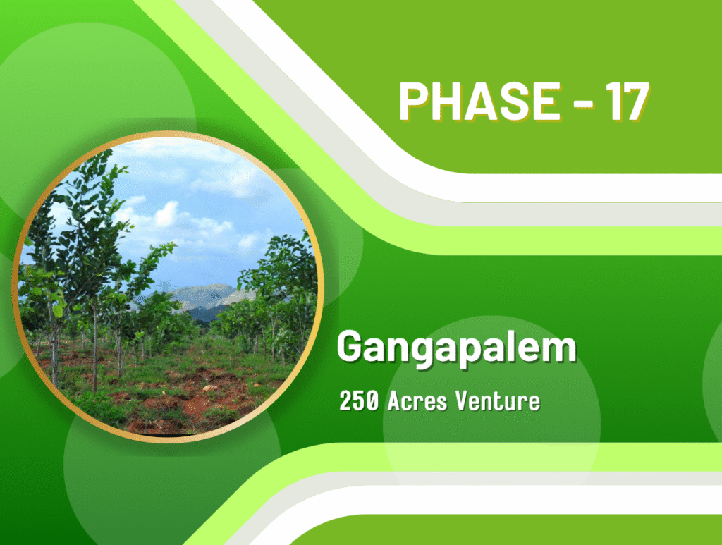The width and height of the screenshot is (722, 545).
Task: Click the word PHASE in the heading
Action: (x=479, y=102)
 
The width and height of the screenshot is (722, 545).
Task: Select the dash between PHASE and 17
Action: (x=583, y=103)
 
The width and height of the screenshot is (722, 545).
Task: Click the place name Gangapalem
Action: (x=457, y=348)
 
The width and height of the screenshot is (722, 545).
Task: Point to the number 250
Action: (x=359, y=400)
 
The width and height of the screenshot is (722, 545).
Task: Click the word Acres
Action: (x=417, y=400)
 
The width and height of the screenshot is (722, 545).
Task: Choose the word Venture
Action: (x=498, y=400)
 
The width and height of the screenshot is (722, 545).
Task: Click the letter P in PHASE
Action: (x=414, y=102)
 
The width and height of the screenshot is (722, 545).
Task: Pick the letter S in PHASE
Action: (x=510, y=102)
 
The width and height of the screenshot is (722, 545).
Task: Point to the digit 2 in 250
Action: (x=345, y=400)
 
